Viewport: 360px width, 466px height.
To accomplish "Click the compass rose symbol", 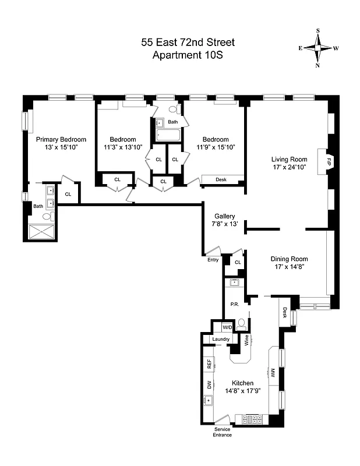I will (318, 48).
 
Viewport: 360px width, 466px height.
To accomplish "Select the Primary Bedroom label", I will (61, 139).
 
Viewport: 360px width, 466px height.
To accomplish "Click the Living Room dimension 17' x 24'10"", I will (288, 168).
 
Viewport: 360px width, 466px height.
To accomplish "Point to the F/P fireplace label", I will (329, 160).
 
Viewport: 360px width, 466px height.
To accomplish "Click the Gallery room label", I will (224, 216).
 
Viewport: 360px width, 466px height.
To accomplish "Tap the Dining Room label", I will (289, 259).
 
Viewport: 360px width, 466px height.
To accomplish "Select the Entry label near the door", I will (213, 260).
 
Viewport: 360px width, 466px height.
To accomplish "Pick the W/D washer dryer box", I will (227, 328).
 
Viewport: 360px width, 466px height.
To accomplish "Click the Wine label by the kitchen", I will (247, 340).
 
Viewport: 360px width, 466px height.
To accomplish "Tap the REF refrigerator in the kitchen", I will (209, 364).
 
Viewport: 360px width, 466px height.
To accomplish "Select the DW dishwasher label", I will (209, 384).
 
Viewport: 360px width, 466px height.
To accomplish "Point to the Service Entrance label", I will (223, 432).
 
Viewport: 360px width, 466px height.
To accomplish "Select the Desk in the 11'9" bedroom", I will (221, 179).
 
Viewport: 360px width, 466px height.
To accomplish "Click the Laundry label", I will (221, 339).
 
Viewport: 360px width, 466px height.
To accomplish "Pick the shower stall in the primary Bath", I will (43, 231).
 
